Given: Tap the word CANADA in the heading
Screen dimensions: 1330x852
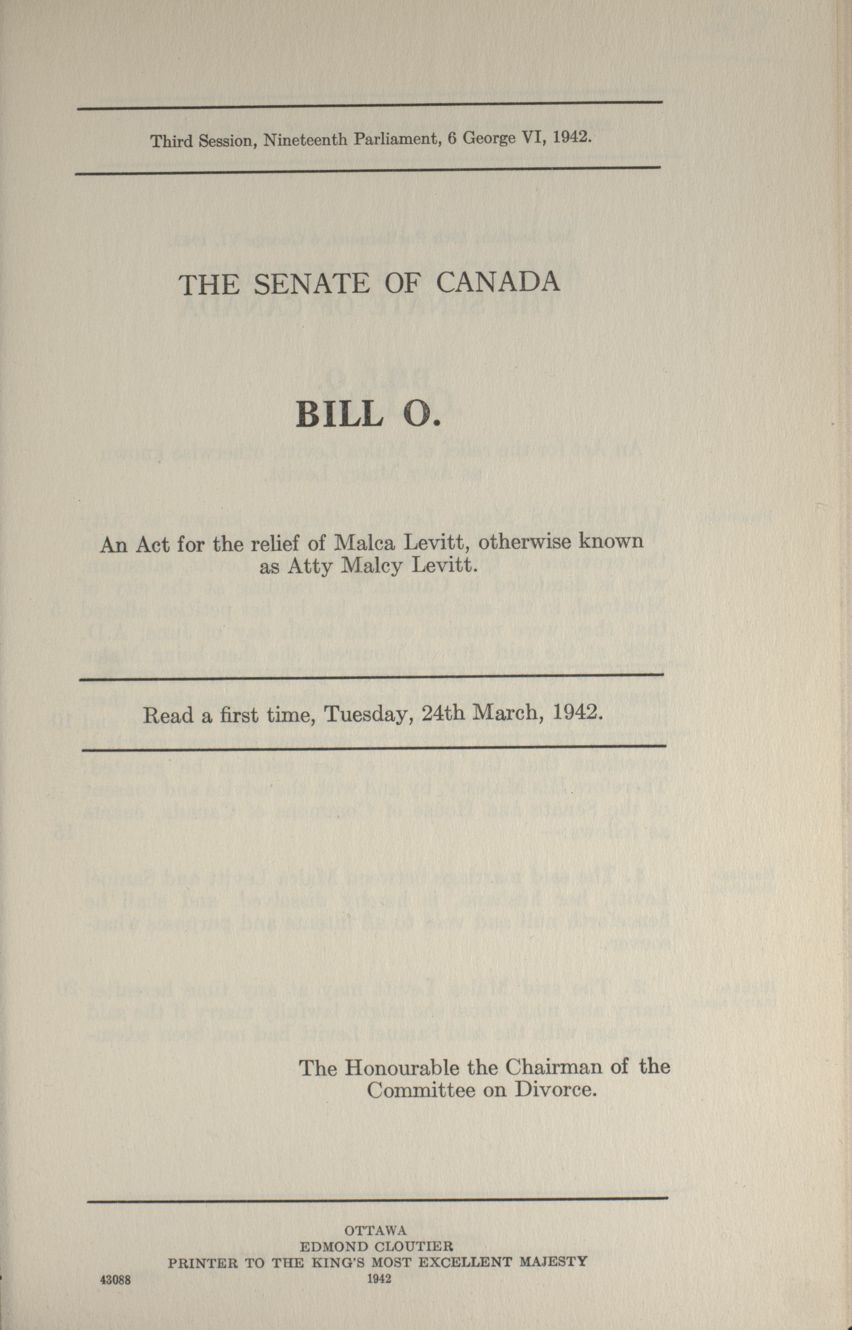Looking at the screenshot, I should (498, 282).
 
